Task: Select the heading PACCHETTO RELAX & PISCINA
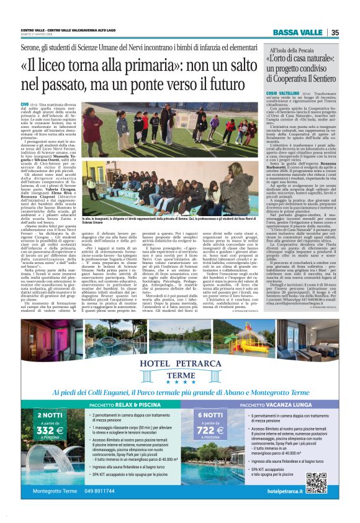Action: coord(119,404)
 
